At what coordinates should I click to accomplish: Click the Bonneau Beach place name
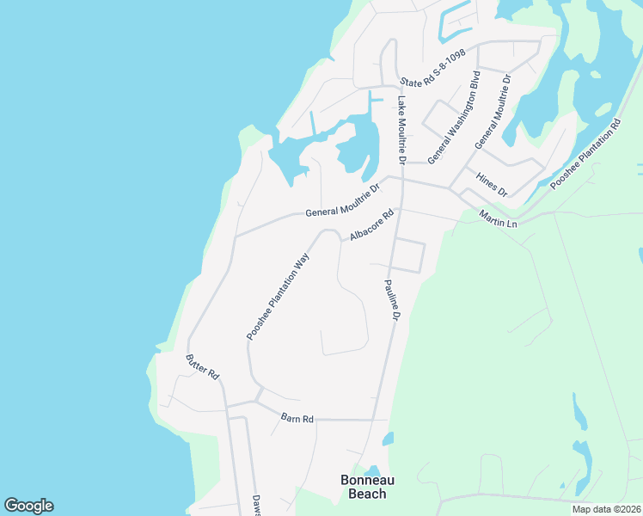point(364,487)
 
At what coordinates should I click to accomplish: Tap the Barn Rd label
point(297,418)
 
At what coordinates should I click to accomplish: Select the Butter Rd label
point(204,367)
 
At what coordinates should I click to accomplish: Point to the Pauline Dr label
point(391,300)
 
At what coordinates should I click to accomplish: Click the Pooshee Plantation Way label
point(278,296)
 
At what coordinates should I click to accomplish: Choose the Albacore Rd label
point(371,224)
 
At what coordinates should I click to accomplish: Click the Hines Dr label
point(492,183)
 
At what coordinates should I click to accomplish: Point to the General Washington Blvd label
point(453,117)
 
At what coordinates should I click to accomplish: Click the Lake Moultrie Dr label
point(401,130)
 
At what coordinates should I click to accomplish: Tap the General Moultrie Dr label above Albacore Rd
point(342,200)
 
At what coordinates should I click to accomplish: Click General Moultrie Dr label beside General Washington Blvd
point(493,112)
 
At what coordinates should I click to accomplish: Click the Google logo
point(28,506)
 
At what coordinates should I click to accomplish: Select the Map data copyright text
point(605,509)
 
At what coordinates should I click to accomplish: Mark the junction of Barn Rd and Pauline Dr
point(373,420)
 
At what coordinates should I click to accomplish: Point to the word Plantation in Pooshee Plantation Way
point(277,297)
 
